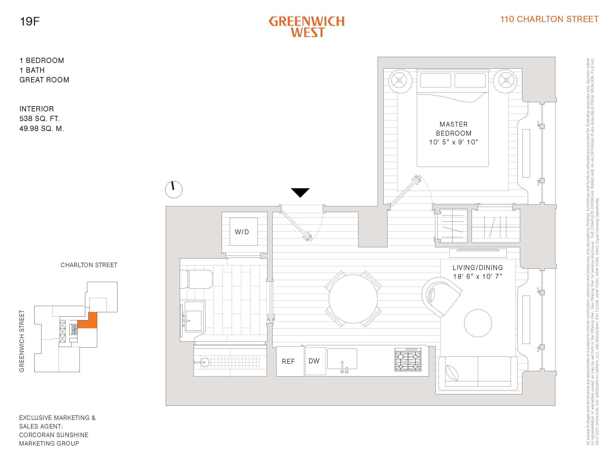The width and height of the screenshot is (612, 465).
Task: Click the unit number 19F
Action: point(30,22)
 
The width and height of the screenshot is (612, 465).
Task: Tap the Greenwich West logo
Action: point(307,27)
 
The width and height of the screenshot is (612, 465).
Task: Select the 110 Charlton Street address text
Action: point(549,19)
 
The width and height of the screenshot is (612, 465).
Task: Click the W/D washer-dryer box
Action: point(243,232)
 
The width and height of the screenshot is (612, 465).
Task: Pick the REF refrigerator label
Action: point(288,362)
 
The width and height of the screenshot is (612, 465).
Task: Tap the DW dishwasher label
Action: point(314,361)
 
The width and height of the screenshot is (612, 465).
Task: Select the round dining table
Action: point(353,299)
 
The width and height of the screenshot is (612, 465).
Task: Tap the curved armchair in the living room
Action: point(440,296)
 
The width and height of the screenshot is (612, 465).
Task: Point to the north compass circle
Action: point(174,190)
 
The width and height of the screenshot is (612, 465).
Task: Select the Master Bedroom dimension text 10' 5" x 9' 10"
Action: point(454,142)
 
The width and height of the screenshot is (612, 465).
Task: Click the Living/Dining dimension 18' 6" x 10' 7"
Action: point(477,277)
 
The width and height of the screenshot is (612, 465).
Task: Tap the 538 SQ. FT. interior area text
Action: point(39,119)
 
